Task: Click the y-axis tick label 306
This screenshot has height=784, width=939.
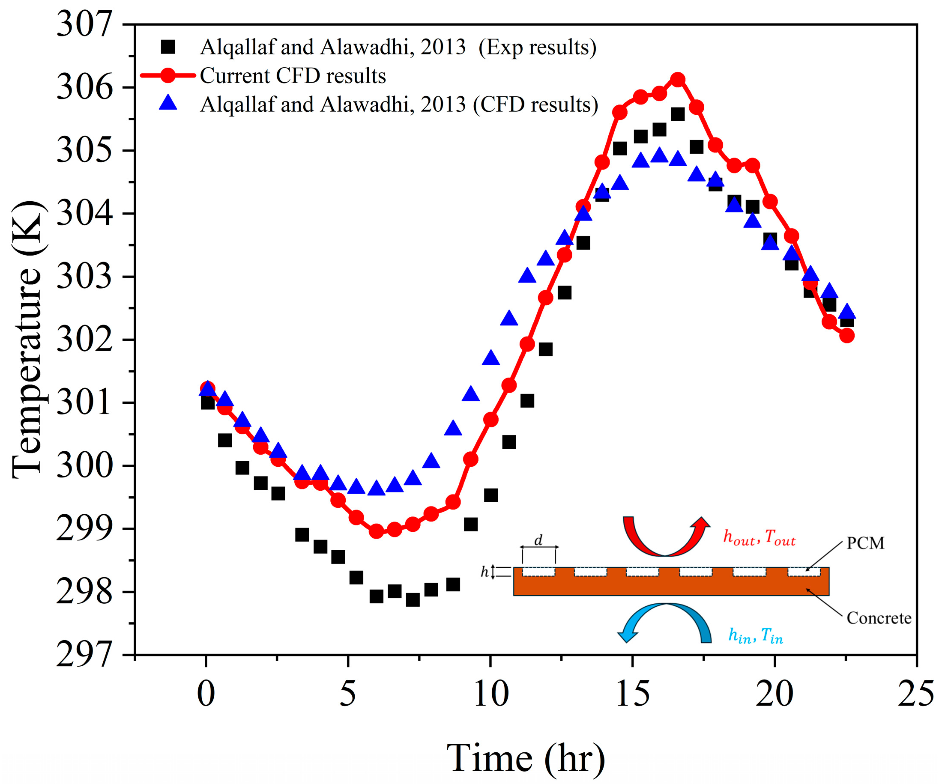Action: pyautogui.click(x=84, y=88)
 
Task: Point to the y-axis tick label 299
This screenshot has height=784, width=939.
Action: pyautogui.click(x=84, y=529)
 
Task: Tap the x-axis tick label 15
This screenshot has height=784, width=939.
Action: pyautogui.click(x=632, y=694)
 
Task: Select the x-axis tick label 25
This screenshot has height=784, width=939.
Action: pyautogui.click(x=915, y=694)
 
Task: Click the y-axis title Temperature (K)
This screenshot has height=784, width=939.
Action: pyautogui.click(x=28, y=340)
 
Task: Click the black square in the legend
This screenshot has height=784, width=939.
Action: pyautogui.click(x=168, y=47)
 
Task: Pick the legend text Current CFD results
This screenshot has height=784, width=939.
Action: pyautogui.click(x=293, y=76)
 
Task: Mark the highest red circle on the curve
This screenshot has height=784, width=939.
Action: pyautogui.click(x=678, y=80)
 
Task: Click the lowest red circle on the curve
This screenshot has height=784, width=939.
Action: pyautogui.click(x=377, y=531)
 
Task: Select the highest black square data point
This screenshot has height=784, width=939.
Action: pyautogui.click(x=678, y=115)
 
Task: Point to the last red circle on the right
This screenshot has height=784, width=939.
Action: pyautogui.click(x=847, y=336)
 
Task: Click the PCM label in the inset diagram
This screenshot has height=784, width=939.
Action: pyautogui.click(x=865, y=543)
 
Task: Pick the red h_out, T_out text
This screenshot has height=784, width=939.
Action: pyautogui.click(x=759, y=538)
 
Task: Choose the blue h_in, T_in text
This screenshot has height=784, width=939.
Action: pyautogui.click(x=756, y=635)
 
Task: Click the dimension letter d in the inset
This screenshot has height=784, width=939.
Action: pyautogui.click(x=538, y=540)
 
